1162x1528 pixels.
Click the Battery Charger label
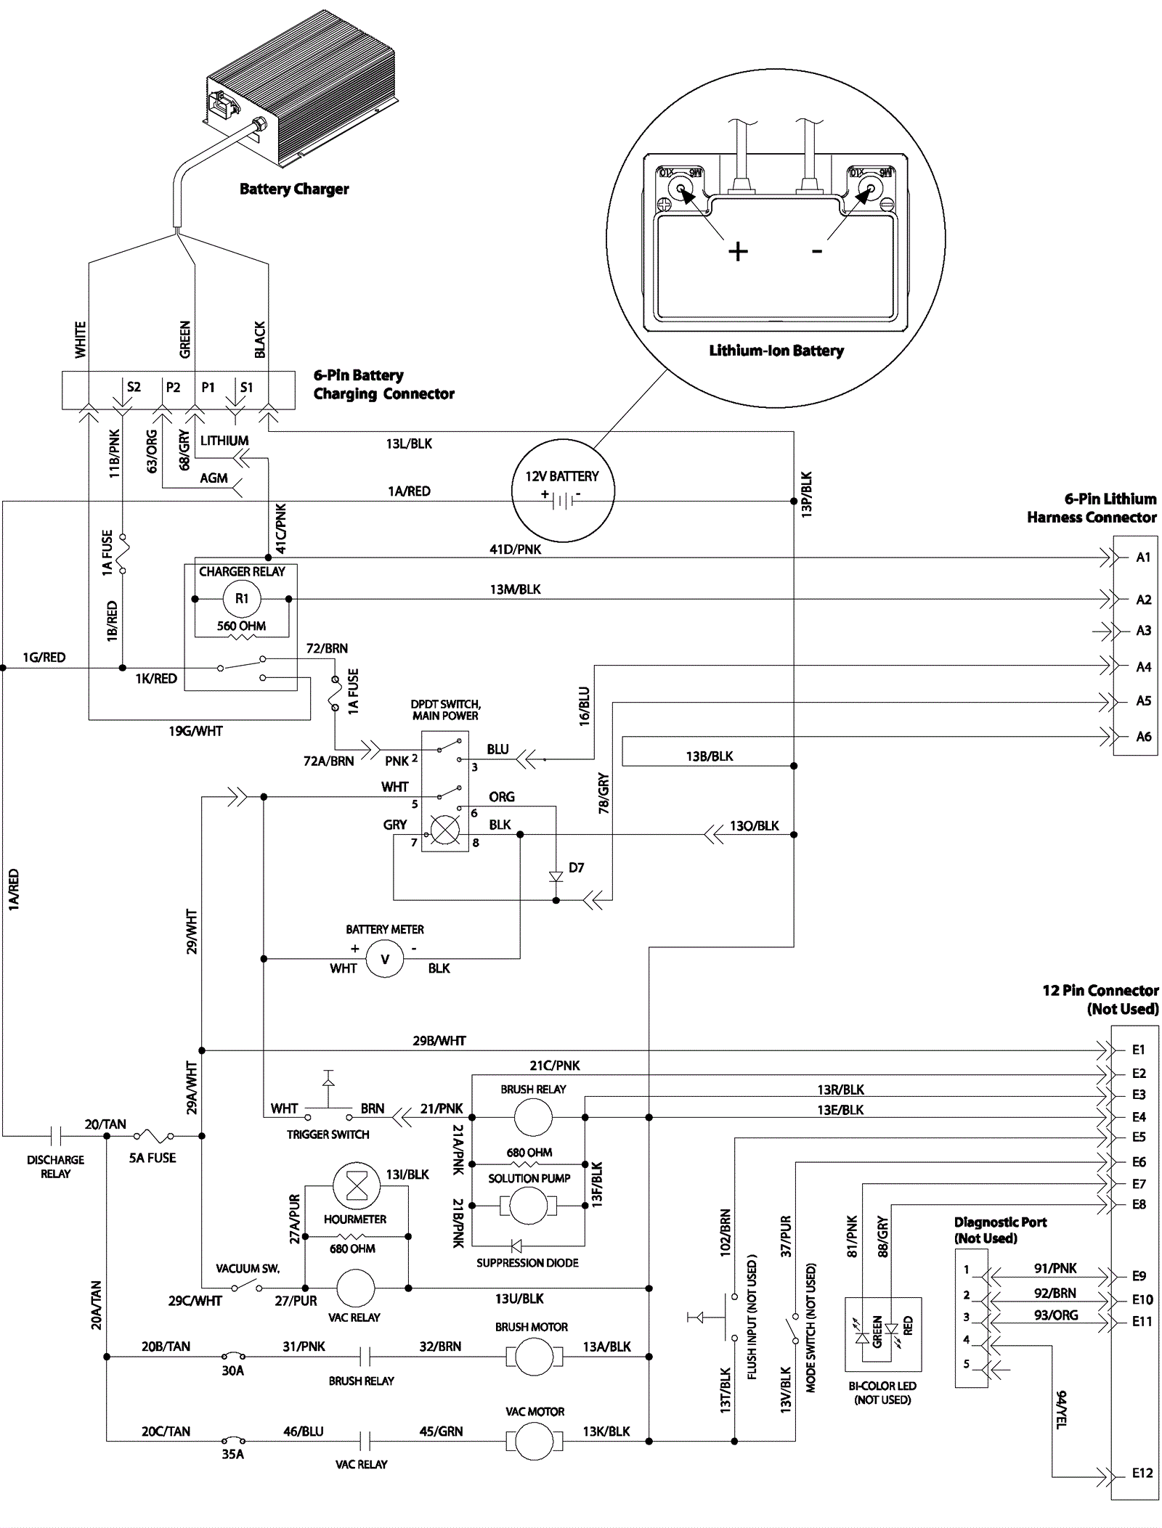coord(294,189)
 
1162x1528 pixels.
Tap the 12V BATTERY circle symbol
coord(563,491)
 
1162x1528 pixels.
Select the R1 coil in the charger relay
coord(242,599)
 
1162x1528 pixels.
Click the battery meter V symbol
coord(385,959)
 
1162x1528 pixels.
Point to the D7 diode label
coord(576,867)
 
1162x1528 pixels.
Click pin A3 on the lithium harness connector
coord(1143,631)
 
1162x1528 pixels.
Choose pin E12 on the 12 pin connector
coord(1142,1473)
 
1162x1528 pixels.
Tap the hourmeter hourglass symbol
coord(356,1185)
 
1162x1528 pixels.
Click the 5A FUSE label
coord(153,1158)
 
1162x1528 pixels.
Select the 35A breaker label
coord(232,1454)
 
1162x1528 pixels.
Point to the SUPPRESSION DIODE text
coord(527,1263)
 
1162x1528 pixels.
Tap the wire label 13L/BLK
coord(409,444)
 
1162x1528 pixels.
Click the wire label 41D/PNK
coord(515,549)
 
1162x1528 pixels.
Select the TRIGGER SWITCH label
coord(328,1134)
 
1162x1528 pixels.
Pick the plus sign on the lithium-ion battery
coord(738,252)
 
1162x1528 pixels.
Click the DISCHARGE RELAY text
coord(55,1167)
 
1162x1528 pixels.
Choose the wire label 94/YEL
coord(1061,1410)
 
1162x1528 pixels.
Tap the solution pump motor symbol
coord(529,1206)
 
